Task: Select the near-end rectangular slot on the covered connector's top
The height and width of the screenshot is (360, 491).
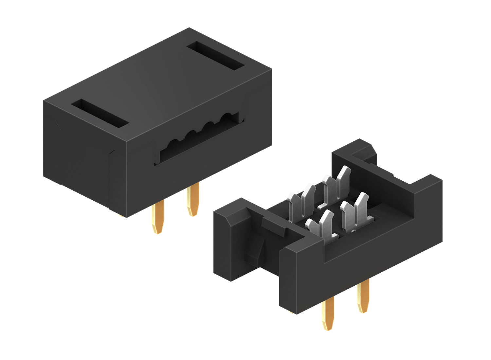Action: (100, 113)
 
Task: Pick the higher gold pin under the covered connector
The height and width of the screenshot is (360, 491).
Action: (192, 200)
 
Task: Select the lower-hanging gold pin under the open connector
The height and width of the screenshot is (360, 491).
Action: (328, 314)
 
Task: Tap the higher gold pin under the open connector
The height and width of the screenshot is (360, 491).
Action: (363, 296)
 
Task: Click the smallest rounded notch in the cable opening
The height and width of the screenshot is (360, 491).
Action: (173, 143)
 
